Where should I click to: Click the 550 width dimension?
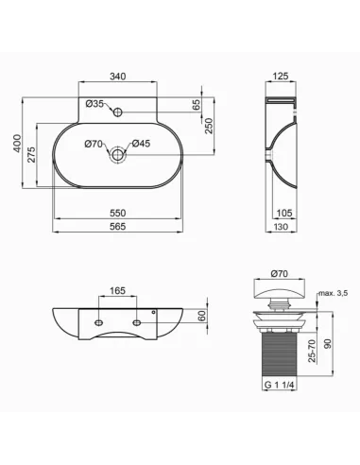[x=117, y=213]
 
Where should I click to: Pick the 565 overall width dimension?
[x=117, y=227]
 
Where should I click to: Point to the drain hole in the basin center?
[x=117, y=153]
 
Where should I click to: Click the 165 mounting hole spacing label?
[x=117, y=290]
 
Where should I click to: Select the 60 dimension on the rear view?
[x=200, y=319]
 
